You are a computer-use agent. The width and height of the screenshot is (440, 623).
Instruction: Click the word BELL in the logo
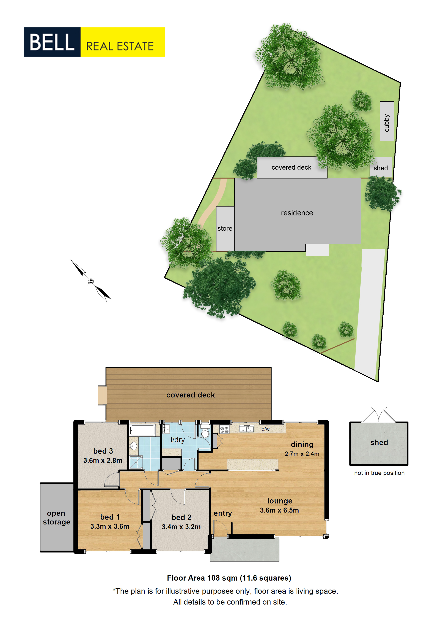[52, 42]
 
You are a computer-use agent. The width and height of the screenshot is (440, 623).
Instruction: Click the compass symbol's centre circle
[91, 281]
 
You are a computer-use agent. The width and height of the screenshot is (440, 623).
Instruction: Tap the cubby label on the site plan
[387, 123]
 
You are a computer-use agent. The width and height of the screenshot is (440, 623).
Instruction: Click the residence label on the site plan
[297, 213]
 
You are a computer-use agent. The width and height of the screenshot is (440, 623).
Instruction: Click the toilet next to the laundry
[205, 431]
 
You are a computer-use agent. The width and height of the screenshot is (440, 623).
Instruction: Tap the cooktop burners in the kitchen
[224, 429]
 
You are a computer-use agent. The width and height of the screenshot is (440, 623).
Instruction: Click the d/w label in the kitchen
[265, 429]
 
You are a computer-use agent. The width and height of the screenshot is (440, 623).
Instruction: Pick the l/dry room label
[178, 440]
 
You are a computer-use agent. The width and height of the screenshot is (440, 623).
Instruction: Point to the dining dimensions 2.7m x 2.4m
[302, 454]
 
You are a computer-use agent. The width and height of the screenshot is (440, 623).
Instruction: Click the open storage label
[56, 518]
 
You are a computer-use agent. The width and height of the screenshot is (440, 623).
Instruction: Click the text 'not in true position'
[379, 473]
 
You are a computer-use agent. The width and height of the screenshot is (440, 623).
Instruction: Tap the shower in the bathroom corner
[136, 462]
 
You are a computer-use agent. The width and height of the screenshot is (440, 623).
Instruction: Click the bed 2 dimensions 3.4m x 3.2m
[181, 527]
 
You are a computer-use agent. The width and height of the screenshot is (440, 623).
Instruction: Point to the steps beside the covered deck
[102, 395]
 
